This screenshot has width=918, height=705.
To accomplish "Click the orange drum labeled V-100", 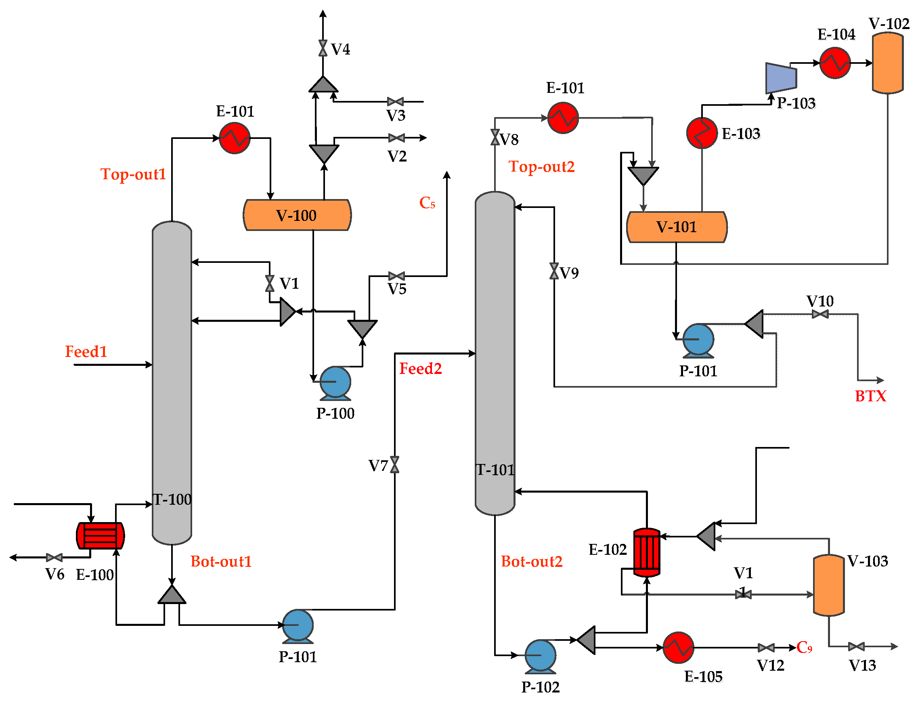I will tap(297, 215).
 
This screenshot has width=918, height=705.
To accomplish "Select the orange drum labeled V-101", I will tap(676, 227).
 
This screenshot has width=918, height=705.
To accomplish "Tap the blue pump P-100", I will tap(335, 382).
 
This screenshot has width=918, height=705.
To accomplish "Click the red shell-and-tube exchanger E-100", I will tap(100, 535).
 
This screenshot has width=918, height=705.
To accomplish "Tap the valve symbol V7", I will tap(394, 464).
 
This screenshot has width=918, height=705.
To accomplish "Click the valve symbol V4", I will tap(322, 48).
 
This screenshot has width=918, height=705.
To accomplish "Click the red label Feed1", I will tap(86, 351).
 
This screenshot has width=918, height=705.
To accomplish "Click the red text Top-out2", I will tap(541, 166).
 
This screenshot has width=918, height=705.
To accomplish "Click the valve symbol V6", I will tap(54, 557).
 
